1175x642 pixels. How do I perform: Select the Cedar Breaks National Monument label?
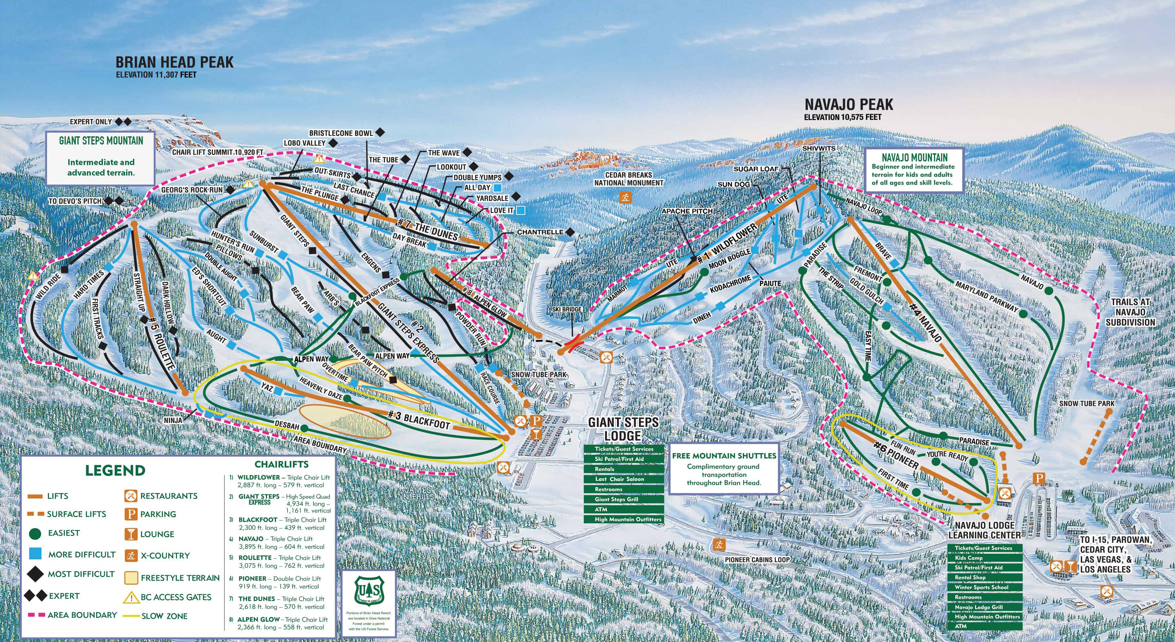tap(628, 179)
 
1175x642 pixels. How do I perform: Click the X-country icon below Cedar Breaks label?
tap(625, 197)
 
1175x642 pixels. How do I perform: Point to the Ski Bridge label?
tap(566, 309)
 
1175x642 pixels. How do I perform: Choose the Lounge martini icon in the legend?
tap(131, 534)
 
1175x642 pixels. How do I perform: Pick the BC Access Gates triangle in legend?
tap(131, 597)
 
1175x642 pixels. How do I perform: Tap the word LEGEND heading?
tap(115, 470)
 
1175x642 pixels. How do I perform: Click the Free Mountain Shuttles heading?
tap(724, 456)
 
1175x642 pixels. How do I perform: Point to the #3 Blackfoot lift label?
tap(419, 420)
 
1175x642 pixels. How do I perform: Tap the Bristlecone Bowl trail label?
tap(341, 133)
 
